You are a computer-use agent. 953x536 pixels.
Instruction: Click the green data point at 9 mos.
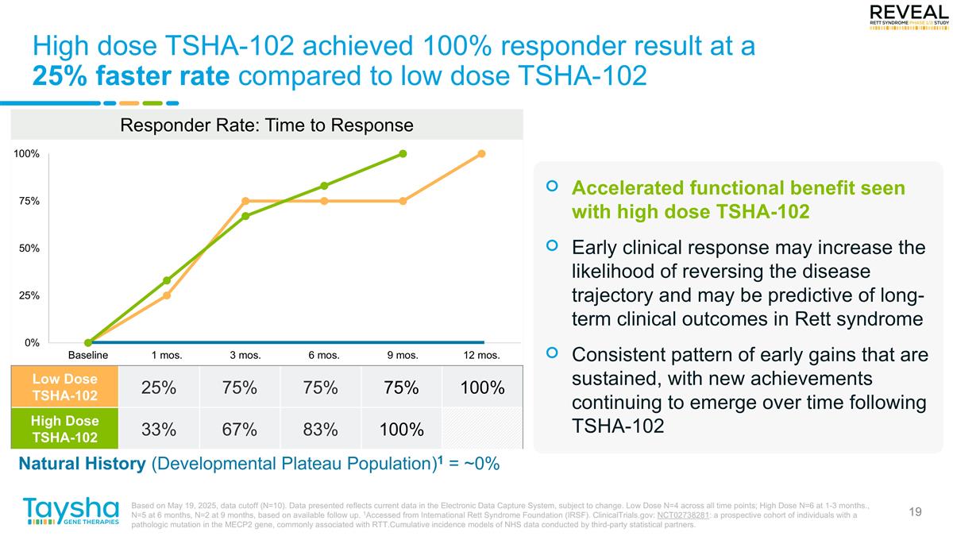pos(403,153)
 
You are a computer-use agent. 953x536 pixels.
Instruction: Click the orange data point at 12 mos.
pos(481,153)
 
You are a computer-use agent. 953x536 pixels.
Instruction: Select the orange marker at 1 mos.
pos(167,295)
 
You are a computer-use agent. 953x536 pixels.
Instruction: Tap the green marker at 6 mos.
pos(324,186)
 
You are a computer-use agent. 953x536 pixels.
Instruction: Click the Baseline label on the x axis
pos(87,355)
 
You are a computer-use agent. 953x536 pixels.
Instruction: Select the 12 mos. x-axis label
pos(480,355)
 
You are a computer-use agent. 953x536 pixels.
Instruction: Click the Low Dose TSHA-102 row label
pos(64,388)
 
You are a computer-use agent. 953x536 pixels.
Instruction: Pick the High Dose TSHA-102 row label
pos(64,429)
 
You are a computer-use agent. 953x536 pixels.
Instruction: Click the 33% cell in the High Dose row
pos(158,430)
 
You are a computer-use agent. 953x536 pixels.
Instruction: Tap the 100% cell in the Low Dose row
pos(483,388)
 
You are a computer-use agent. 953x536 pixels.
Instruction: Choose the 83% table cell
pos(320,430)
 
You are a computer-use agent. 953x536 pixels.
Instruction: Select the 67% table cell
pos(239,430)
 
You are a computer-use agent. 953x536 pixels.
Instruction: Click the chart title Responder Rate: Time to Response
pos(266,125)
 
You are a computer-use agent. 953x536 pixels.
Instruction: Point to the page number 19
pos(915,511)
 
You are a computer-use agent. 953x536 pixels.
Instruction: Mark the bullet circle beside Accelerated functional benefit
pos(553,188)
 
